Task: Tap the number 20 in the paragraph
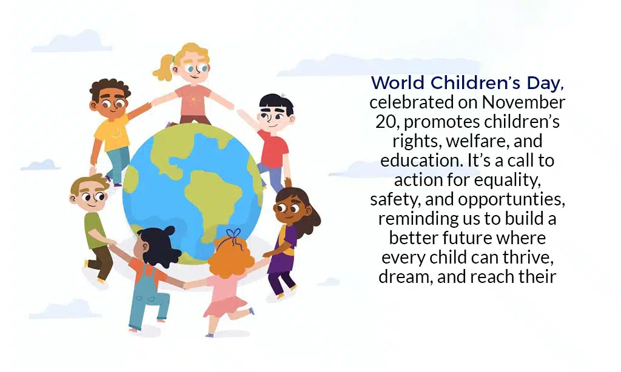tap(384, 122)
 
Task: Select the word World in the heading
tap(397, 82)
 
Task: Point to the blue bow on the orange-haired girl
tap(233, 233)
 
